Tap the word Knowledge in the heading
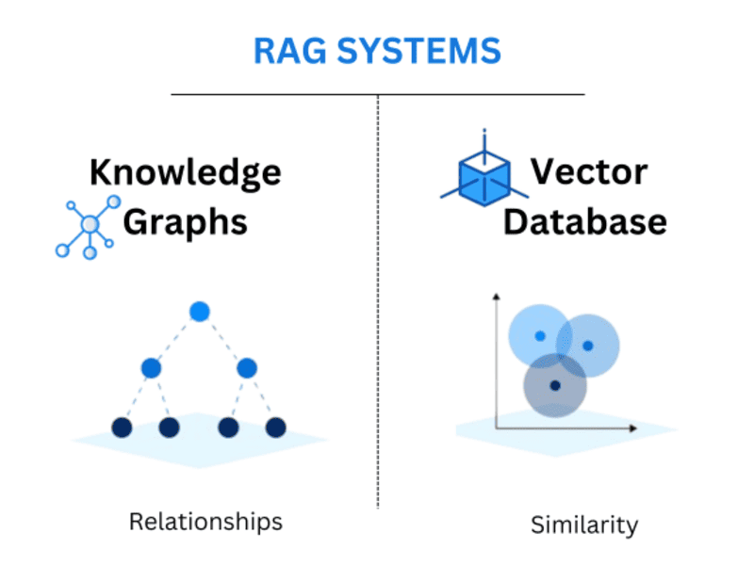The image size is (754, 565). point(185,173)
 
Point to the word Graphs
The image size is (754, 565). point(186,221)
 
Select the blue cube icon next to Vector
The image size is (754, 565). point(484,175)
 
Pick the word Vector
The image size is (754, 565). point(588,172)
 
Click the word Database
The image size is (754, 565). point(584,221)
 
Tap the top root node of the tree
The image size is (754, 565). point(198,311)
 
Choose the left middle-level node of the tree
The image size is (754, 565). point(151,368)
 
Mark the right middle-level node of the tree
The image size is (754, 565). point(247,368)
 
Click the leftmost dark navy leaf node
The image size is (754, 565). point(122,428)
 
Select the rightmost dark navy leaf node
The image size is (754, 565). point(275,428)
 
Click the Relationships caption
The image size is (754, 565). point(205,521)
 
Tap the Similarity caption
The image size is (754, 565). point(583,524)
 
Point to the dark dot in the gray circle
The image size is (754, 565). point(555,385)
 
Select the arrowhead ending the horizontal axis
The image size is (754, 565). point(632,428)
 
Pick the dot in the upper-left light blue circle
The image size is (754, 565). point(540,336)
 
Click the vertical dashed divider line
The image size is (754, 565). point(378,301)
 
